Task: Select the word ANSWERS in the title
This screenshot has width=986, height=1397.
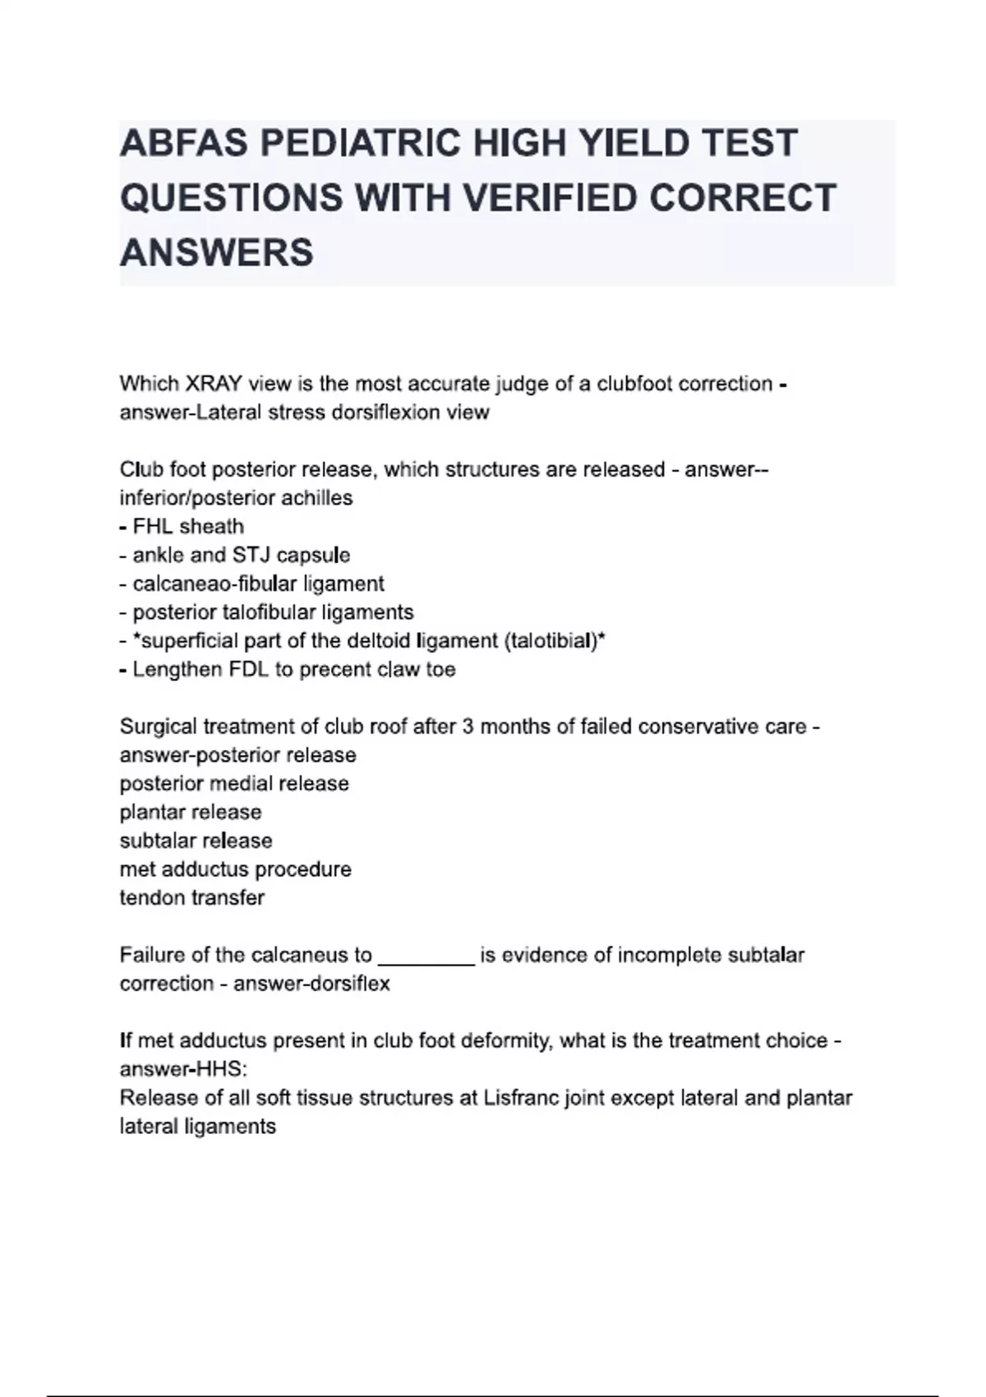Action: (x=216, y=251)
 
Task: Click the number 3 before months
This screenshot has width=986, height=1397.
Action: (x=468, y=726)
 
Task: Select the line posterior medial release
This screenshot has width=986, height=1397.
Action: (x=234, y=784)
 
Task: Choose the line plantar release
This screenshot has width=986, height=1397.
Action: (x=191, y=812)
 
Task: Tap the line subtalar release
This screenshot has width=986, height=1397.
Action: (x=196, y=841)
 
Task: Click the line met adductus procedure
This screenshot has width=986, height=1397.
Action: (x=235, y=869)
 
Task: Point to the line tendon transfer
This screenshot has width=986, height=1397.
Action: (x=191, y=897)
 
